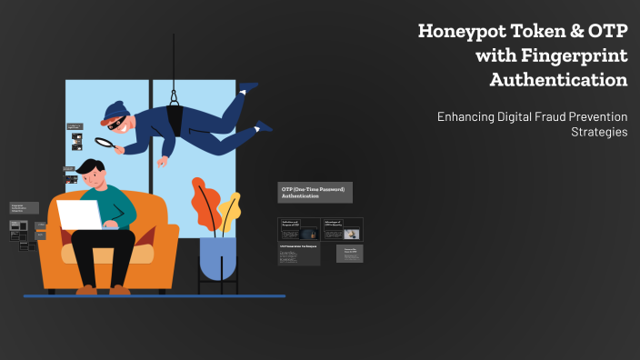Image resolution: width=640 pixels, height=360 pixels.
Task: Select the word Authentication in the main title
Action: click(558, 80)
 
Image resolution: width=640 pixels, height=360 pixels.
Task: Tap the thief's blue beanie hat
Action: click(114, 111)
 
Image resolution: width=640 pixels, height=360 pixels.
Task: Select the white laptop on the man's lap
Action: click(80, 215)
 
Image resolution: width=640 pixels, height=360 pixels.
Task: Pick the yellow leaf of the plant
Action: click(229, 207)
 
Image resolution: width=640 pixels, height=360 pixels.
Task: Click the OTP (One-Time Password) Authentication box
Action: click(314, 192)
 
